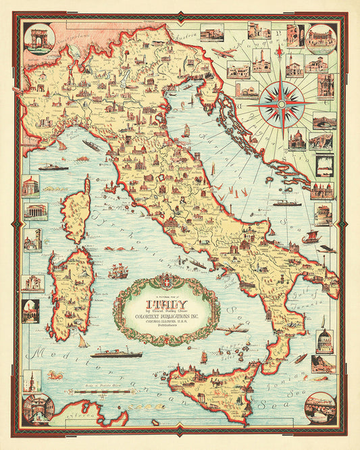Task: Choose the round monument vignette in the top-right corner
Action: coord(321,39)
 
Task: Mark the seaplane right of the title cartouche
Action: coord(234,329)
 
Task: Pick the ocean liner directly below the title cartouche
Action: coord(116,353)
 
